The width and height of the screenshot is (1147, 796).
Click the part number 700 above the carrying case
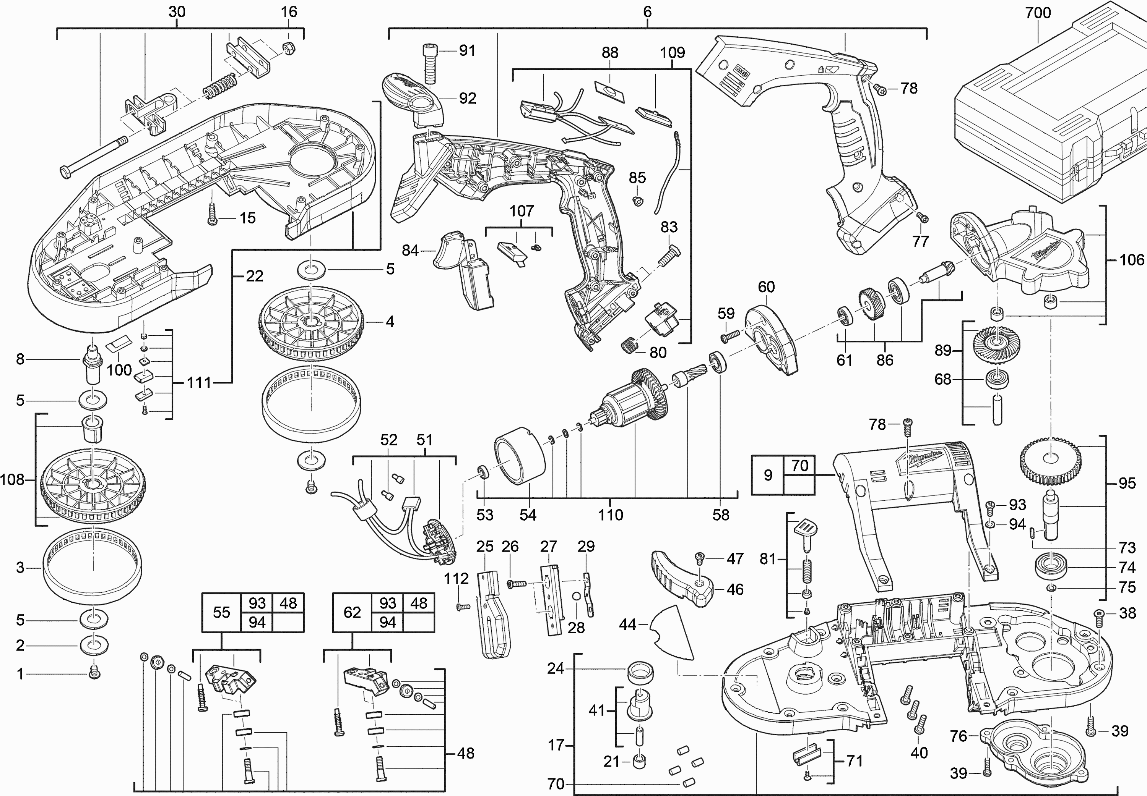(1038, 13)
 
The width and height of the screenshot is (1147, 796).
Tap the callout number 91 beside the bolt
(467, 50)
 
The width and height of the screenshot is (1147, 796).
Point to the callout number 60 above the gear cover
(766, 287)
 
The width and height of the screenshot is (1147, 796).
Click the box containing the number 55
(221, 612)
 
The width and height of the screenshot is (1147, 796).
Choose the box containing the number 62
(352, 612)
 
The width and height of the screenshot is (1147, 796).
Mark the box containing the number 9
(768, 475)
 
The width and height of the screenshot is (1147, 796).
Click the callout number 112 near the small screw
(456, 579)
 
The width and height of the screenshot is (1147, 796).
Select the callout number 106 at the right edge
(1131, 259)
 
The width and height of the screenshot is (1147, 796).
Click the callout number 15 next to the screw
(247, 218)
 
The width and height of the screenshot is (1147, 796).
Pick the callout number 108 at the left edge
(12, 480)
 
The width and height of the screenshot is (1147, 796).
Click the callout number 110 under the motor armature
(611, 515)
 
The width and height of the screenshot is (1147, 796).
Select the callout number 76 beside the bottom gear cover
(959, 736)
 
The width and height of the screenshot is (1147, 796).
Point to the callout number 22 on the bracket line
(255, 276)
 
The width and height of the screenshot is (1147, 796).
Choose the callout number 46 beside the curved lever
(735, 589)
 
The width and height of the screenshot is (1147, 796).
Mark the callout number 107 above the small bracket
(521, 211)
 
